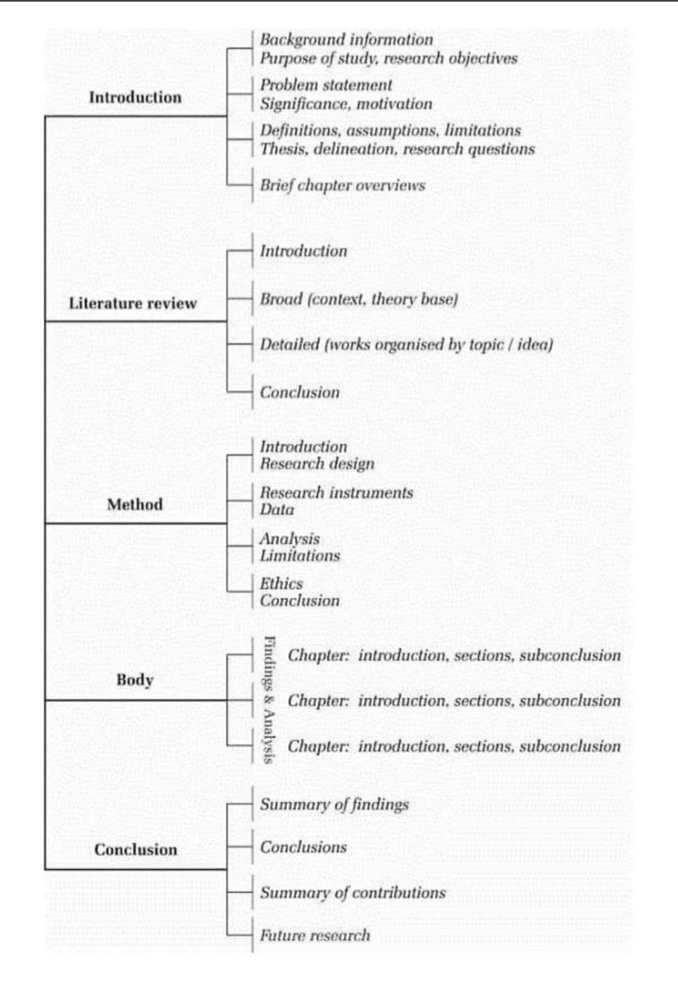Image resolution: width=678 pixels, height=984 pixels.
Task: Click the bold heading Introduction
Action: coord(135,97)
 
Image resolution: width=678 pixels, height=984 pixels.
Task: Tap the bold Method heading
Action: coord(135,504)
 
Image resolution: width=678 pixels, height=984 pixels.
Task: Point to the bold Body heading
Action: coord(135,681)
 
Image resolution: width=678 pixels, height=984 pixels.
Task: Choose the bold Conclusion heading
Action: coord(135,849)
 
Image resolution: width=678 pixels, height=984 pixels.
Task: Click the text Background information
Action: coord(346,39)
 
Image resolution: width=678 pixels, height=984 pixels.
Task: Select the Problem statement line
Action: coord(325,85)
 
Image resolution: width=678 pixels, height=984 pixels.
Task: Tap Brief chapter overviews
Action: coord(342,185)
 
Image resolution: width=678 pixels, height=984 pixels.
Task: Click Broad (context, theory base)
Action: coord(358,300)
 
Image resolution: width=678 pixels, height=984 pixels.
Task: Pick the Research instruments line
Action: coord(336,493)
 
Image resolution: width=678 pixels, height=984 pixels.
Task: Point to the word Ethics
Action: coord(281,584)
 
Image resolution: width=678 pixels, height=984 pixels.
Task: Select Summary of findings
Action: coord(334,804)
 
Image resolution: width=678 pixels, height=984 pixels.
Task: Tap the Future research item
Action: coord(315,935)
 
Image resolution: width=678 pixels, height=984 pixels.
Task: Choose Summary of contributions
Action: coord(353,892)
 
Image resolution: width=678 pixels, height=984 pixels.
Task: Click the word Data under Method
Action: coord(276,510)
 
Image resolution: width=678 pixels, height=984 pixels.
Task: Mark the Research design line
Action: coord(316,464)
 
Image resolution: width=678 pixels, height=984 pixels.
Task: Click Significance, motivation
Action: coord(345,104)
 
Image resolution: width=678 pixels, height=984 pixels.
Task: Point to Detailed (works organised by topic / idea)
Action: coord(406,345)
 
